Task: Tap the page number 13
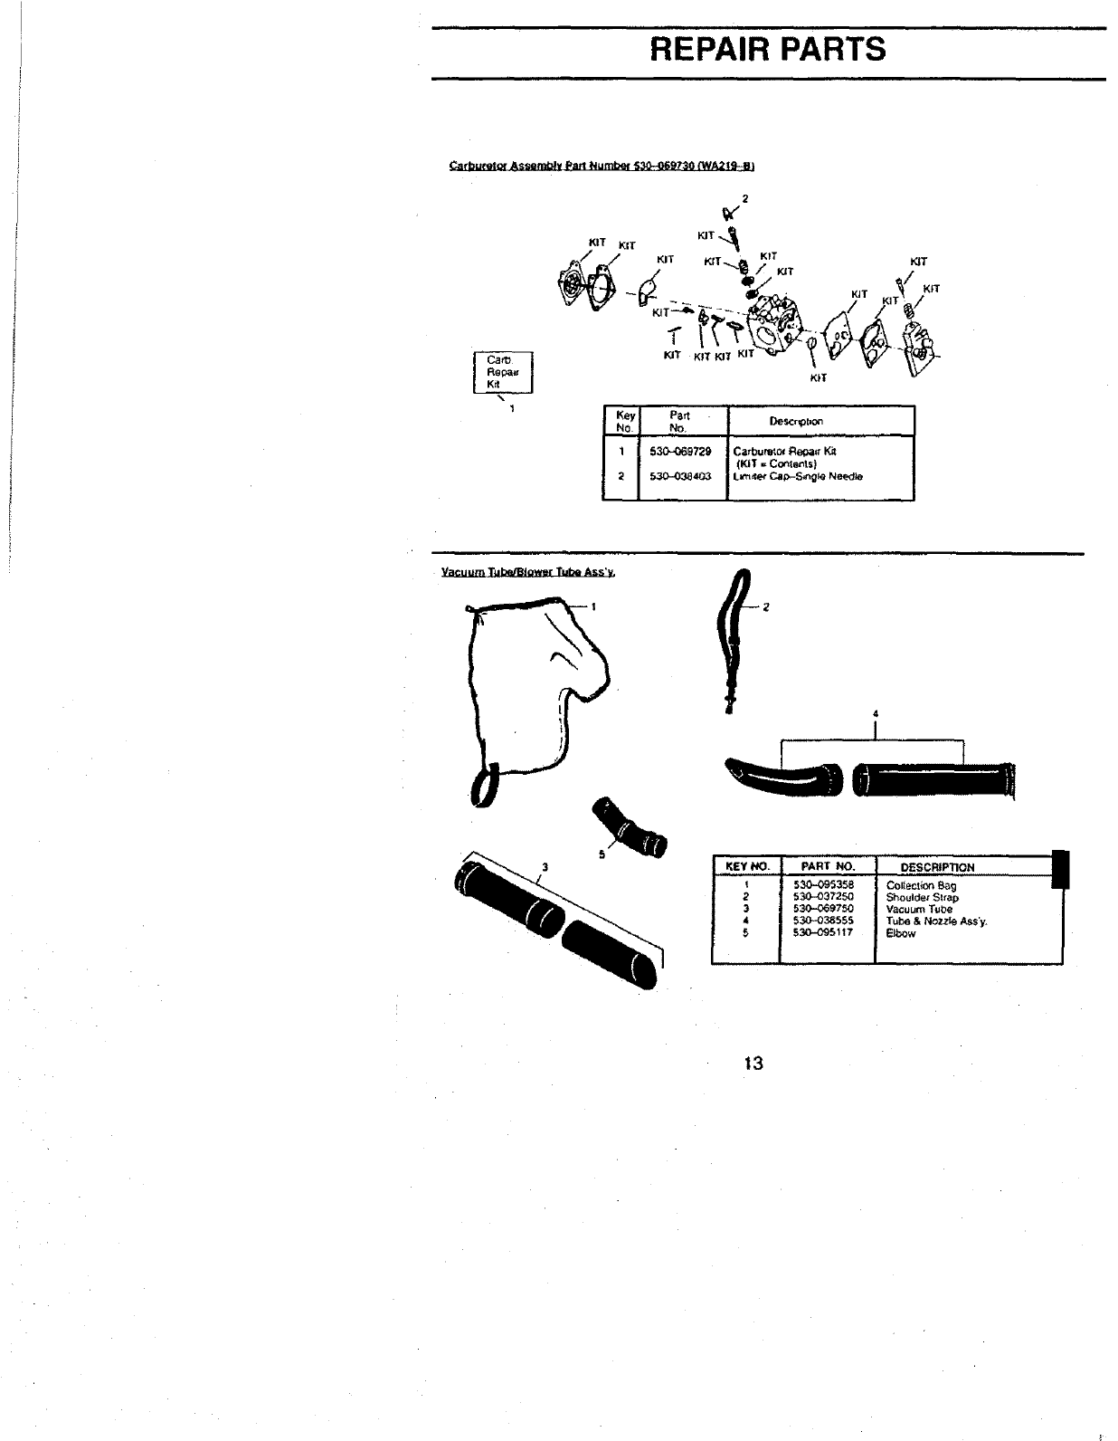pos(754,1063)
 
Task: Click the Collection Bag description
pos(921,886)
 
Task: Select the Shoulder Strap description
pos(922,897)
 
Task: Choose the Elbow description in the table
pos(900,933)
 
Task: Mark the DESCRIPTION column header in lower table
pos(937,867)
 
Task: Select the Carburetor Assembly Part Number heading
pos(602,166)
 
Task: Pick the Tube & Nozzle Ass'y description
pos(936,921)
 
